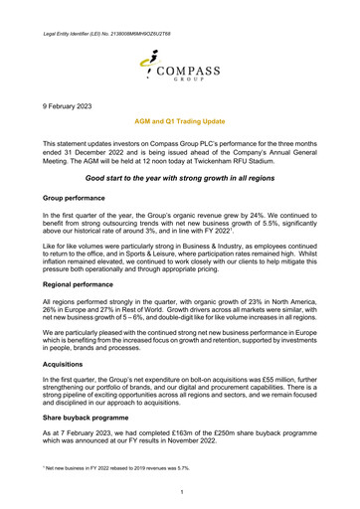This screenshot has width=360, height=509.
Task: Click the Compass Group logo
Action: pos(179,61)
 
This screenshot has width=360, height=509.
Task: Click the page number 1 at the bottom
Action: pos(180,495)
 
